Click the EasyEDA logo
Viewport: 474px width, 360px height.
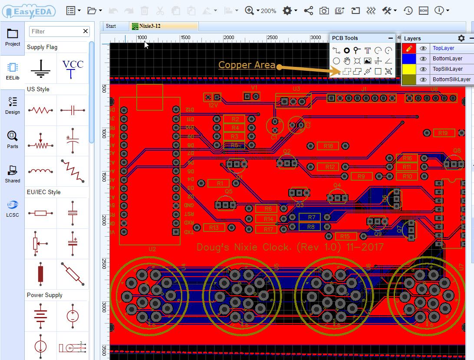(x=29, y=11)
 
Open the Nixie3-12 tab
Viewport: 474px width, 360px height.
(x=149, y=26)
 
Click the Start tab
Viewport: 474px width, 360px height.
(x=111, y=26)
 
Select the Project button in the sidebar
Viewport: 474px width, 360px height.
(x=13, y=38)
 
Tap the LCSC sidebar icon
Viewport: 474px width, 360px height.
(x=13, y=208)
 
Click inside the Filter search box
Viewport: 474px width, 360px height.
(x=55, y=31)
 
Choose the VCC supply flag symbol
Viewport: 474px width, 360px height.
(x=72, y=69)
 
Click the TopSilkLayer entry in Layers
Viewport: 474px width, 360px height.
(x=448, y=69)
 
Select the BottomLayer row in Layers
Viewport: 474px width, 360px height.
(x=447, y=59)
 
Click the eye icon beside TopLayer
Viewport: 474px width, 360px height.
(x=423, y=48)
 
